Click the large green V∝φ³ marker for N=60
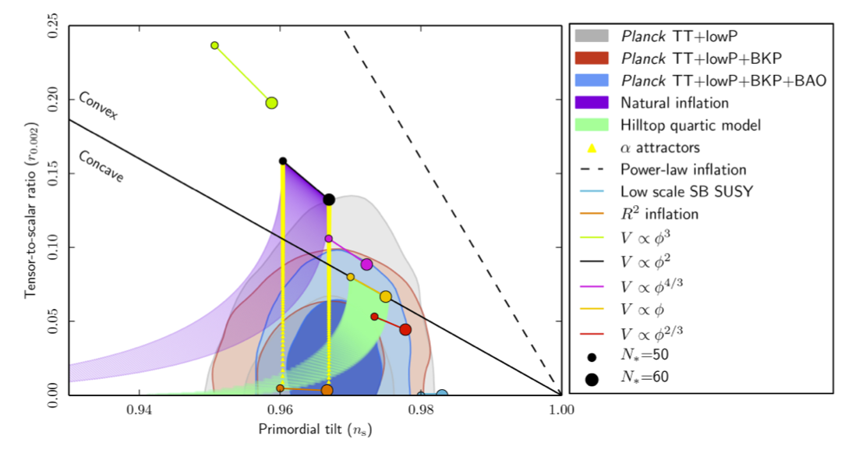[271, 103]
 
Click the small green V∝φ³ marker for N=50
[215, 45]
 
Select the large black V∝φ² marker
[329, 200]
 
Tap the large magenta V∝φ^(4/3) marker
[366, 264]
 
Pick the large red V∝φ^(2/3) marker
[405, 330]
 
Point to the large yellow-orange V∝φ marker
[385, 296]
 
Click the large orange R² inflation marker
[327, 390]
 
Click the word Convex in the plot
[97, 106]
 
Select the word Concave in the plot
[100, 165]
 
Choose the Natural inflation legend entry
[674, 102]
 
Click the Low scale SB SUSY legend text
[686, 191]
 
